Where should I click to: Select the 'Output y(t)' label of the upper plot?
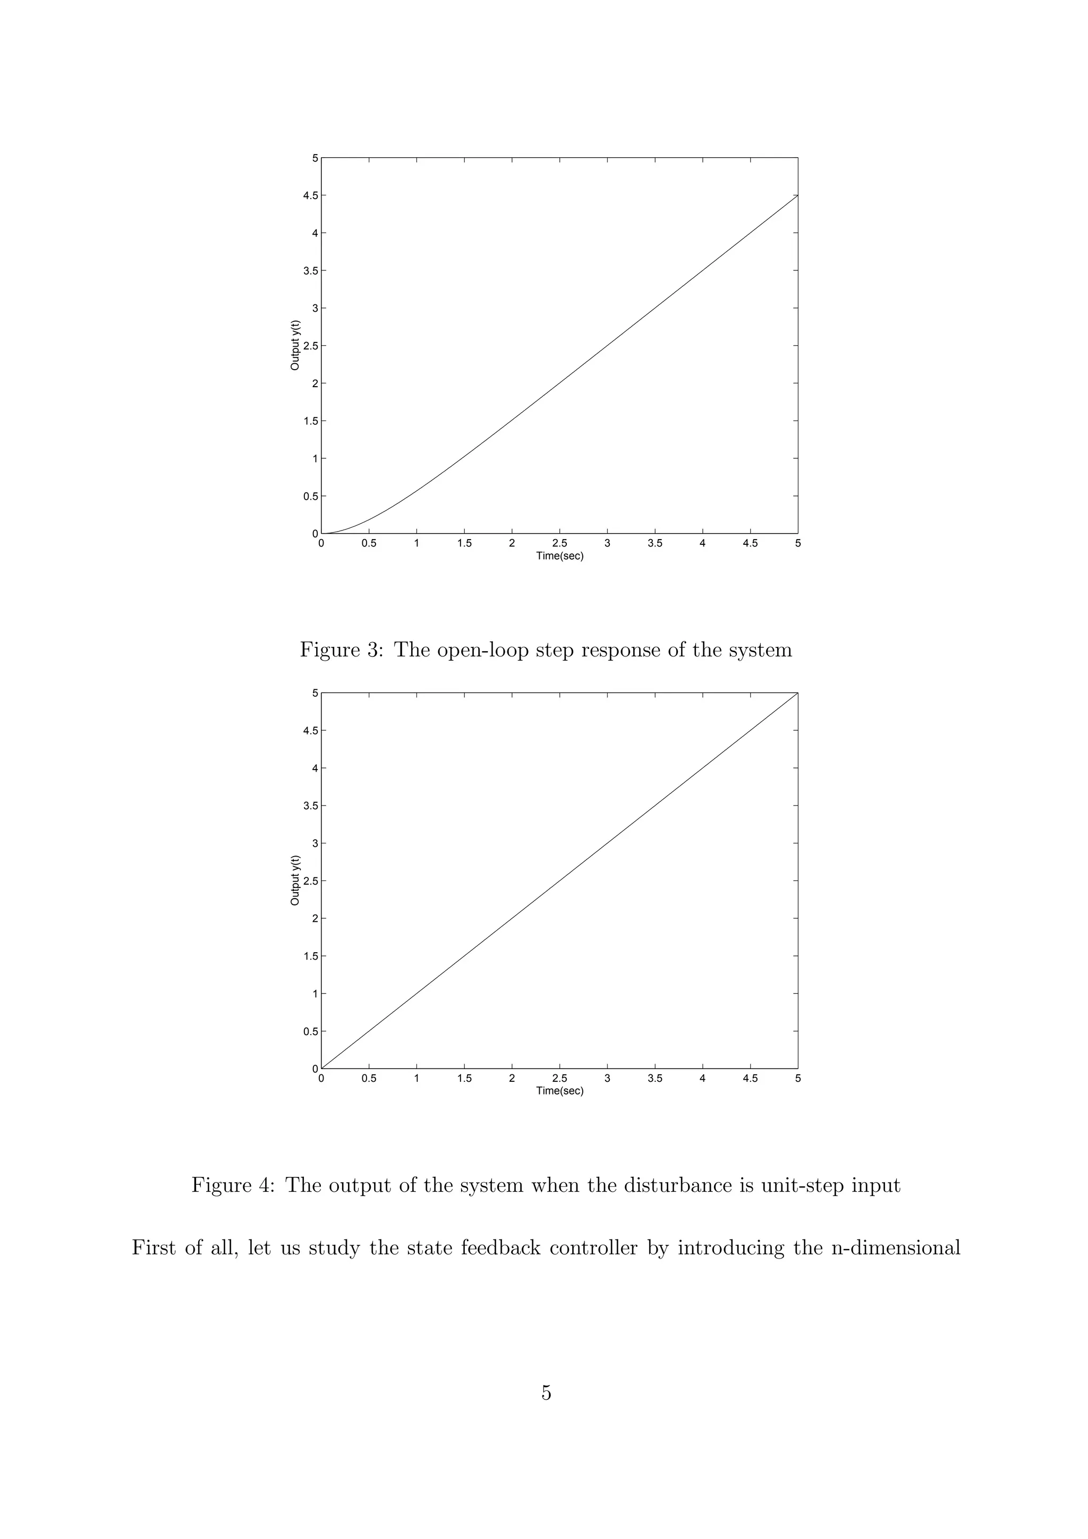pos(295,345)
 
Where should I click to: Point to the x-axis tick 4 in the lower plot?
pos(702,1079)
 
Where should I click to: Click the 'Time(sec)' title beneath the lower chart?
pos(560,1091)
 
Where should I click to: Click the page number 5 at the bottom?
pos(546,1393)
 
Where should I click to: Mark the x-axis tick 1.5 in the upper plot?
pos(464,544)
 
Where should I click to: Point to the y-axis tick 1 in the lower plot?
pos(313,994)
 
